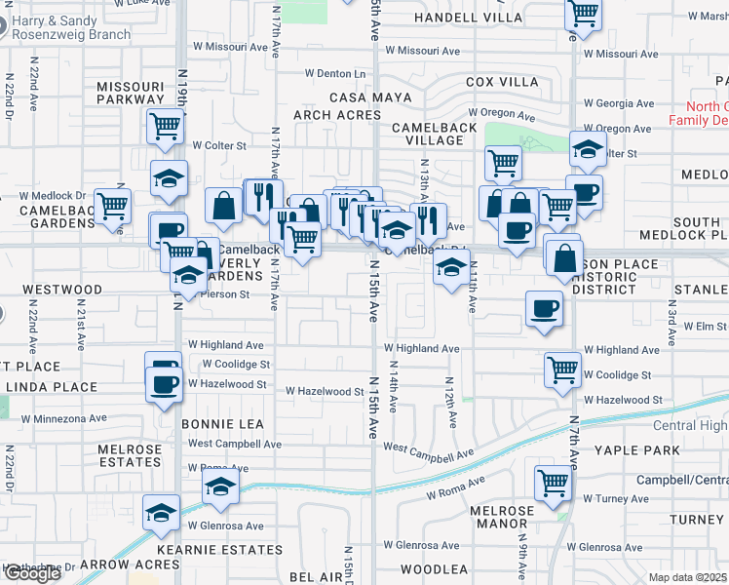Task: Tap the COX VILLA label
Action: coord(503,82)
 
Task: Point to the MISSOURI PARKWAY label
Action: coord(131,93)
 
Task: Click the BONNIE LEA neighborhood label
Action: coord(222,424)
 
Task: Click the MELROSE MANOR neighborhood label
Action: coord(502,517)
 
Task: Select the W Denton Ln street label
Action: coord(334,73)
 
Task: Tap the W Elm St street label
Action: coord(705,327)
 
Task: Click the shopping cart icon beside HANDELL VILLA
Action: coord(583,14)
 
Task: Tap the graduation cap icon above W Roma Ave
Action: coord(221,487)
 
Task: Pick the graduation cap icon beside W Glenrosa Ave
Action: coord(161,512)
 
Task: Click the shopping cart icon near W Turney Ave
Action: coord(553,482)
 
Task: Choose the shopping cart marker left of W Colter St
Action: coord(167,124)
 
